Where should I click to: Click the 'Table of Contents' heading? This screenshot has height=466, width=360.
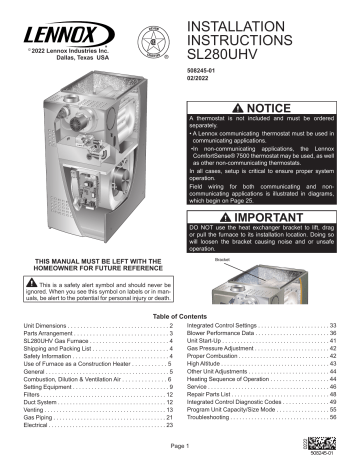(180, 316)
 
